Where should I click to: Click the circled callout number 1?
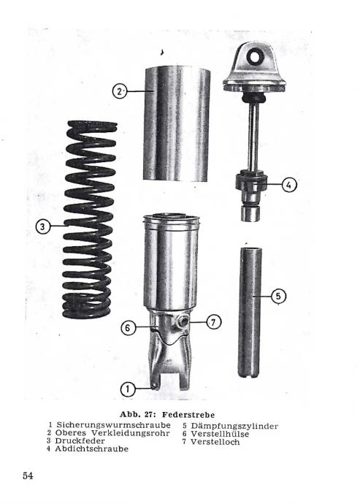(x=128, y=389)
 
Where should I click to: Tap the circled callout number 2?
(x=120, y=91)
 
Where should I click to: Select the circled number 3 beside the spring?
(x=43, y=227)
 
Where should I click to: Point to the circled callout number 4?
(x=289, y=185)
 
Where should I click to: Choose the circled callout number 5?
(x=278, y=296)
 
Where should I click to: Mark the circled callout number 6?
(x=128, y=328)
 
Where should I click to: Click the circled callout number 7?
(x=214, y=321)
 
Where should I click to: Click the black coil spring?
(x=89, y=220)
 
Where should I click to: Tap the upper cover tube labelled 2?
(x=177, y=124)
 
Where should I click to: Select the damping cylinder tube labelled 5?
(x=250, y=312)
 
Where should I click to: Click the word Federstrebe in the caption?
(x=188, y=414)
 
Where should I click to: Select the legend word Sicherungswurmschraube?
(x=113, y=425)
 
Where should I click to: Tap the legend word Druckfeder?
(x=80, y=440)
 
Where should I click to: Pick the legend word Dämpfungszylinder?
(x=234, y=427)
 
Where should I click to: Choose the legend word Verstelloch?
(x=215, y=442)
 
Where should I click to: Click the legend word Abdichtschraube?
(x=91, y=448)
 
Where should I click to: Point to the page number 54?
(x=28, y=476)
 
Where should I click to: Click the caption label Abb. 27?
(x=138, y=414)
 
